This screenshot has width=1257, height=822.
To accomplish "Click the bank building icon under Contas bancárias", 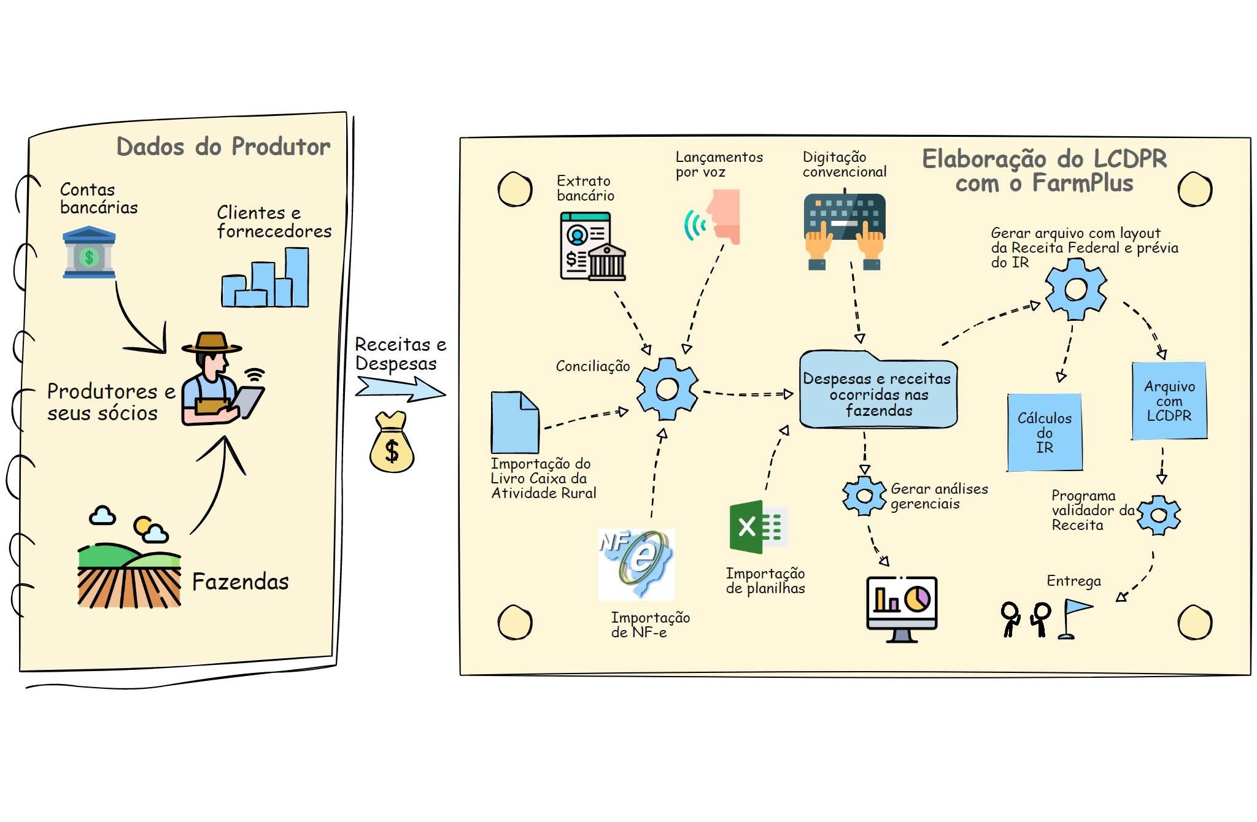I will click(x=89, y=252).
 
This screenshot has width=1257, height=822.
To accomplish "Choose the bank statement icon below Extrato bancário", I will click(x=592, y=247).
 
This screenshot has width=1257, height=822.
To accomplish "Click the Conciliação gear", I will click(x=667, y=389).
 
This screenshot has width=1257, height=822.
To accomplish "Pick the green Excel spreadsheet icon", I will click(x=758, y=527).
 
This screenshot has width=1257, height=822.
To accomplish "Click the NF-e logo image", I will click(x=637, y=564).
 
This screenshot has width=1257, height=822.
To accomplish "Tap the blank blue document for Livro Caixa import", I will click(x=515, y=423).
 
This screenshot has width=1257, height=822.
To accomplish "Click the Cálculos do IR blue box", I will click(x=1045, y=432).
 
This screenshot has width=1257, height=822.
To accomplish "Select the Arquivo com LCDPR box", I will click(x=1169, y=401).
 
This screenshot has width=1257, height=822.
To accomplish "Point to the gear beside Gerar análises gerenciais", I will click(x=864, y=496).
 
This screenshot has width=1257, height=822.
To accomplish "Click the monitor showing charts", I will click(x=902, y=607).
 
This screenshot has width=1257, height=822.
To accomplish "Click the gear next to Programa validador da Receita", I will click(x=1159, y=515).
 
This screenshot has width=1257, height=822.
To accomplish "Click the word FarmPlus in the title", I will click(x=1083, y=183).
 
